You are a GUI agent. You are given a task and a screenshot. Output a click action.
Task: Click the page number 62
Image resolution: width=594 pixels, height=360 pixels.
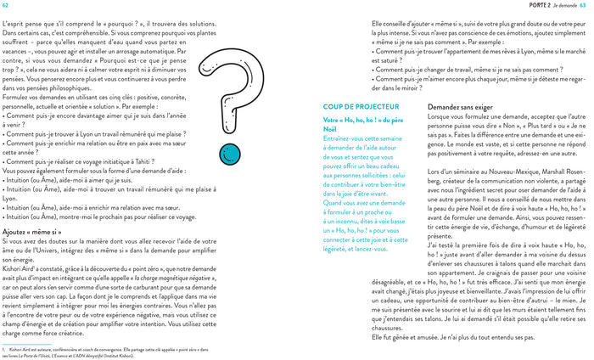point(7,6)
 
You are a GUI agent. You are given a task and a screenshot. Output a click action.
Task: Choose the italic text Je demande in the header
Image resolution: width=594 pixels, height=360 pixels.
point(563,6)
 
